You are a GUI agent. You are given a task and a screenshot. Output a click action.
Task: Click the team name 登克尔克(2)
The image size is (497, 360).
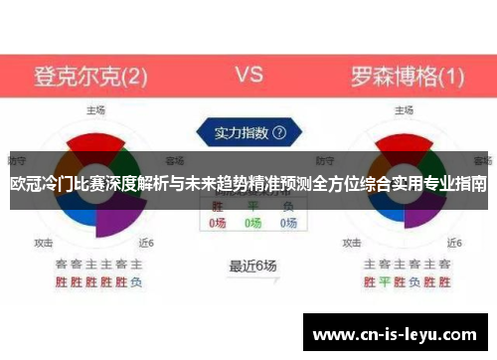(91, 76)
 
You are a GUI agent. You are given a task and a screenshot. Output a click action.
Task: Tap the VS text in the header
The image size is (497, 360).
(248, 75)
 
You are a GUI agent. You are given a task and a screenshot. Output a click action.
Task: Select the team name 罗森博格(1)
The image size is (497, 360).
(407, 76)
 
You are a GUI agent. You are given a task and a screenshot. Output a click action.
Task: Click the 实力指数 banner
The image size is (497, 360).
(243, 131)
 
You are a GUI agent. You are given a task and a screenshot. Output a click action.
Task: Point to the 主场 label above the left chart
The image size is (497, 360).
(95, 109)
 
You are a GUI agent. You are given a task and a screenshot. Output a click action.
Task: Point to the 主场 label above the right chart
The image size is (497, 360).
(406, 109)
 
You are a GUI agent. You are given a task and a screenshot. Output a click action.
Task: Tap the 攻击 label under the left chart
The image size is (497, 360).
(44, 242)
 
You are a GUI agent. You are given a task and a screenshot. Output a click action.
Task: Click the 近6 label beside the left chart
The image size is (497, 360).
(146, 242)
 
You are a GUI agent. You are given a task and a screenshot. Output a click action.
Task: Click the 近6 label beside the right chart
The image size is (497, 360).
(456, 242)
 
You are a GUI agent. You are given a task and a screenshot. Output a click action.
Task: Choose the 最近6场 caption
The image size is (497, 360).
(252, 266)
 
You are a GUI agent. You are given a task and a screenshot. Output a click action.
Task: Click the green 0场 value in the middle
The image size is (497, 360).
(252, 224)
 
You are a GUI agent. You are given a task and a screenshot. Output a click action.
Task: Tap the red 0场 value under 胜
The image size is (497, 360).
(218, 224)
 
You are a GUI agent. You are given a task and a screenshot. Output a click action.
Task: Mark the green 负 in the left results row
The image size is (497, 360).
(136, 281)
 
